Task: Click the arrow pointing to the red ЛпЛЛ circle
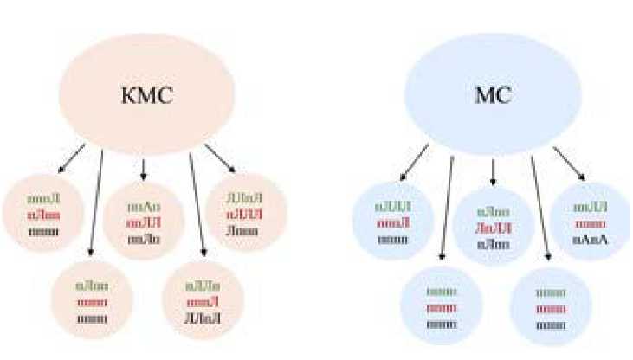click(493, 171)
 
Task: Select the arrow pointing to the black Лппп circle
click(220, 159)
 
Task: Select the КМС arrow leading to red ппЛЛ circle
click(144, 170)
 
